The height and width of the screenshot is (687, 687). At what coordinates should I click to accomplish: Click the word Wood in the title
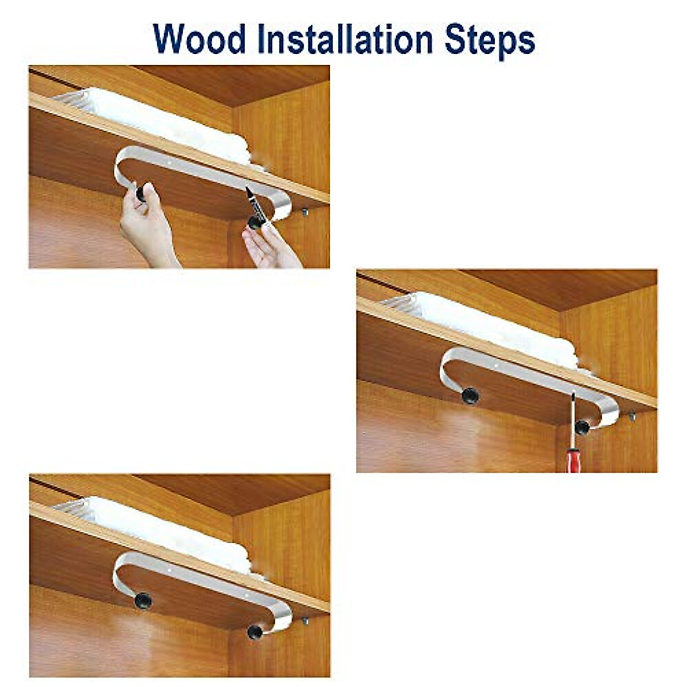[x=200, y=39]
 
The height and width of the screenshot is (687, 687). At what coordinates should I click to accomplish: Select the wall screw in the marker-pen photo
[x=305, y=212]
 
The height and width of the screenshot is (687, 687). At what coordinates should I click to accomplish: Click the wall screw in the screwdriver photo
[x=633, y=416]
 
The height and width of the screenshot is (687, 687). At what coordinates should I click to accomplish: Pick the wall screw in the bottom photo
[x=305, y=621]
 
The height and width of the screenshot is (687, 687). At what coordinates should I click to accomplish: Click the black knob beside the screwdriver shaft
[x=582, y=427]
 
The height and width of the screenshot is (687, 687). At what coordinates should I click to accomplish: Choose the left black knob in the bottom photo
[x=143, y=600]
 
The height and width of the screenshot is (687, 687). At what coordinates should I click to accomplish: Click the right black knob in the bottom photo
[x=255, y=631]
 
